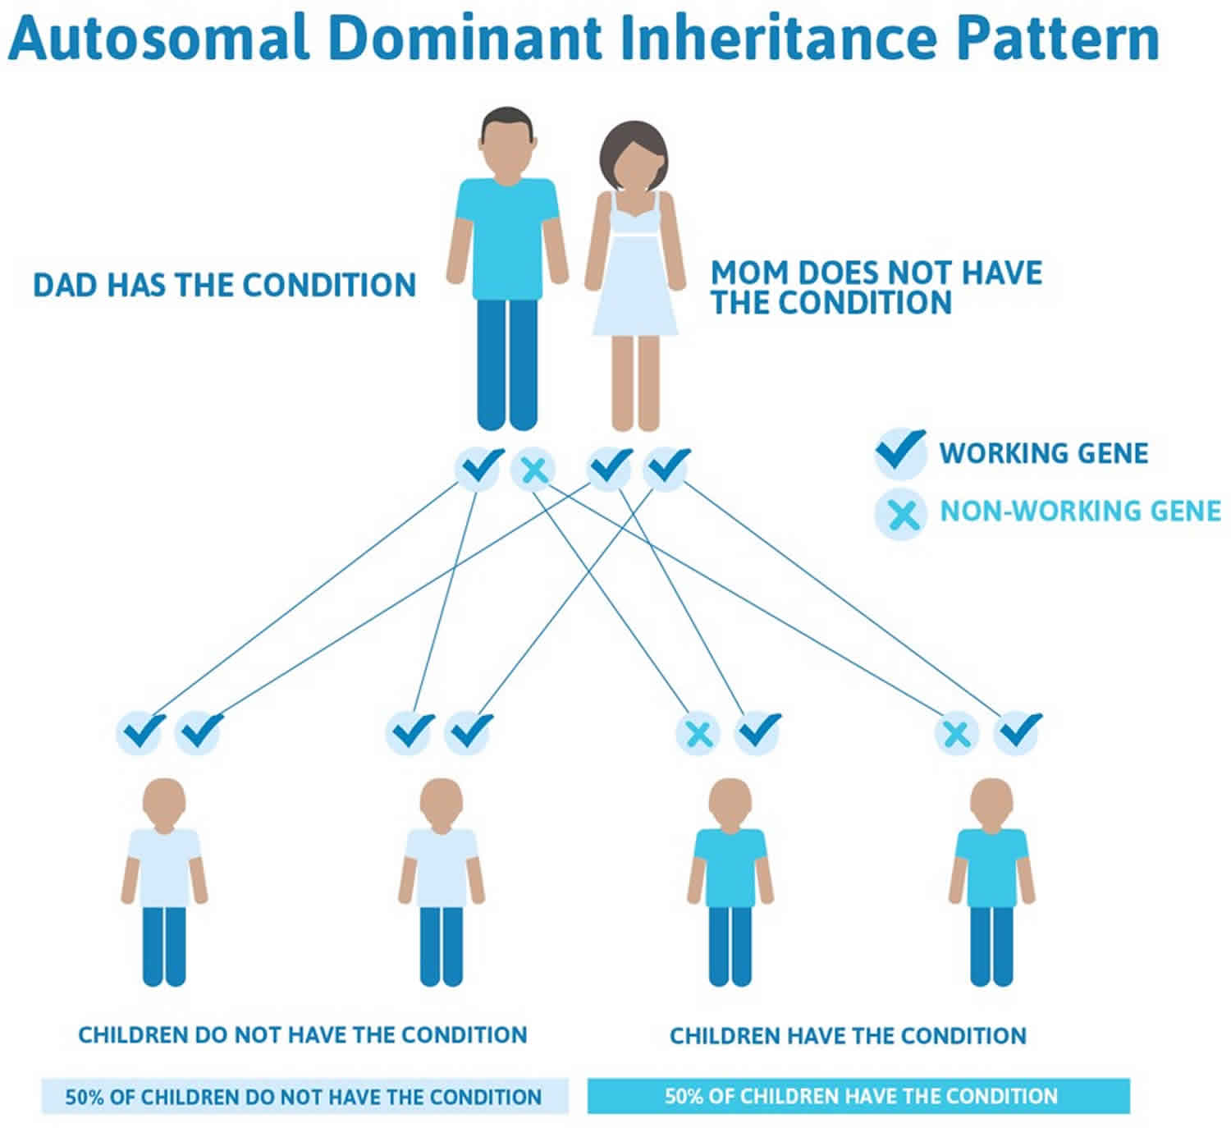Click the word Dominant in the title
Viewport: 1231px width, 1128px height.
[x=464, y=38]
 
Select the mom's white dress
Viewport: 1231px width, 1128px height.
[x=635, y=264]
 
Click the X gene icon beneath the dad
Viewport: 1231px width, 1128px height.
[x=533, y=470]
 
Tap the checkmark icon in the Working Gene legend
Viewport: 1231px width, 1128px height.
[x=900, y=452]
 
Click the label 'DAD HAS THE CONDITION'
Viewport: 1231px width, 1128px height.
[x=225, y=286]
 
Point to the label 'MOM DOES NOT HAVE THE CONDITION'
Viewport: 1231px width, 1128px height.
[x=876, y=287]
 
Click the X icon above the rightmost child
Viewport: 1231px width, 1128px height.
[x=957, y=733]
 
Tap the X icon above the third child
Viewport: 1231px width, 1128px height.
[x=698, y=733]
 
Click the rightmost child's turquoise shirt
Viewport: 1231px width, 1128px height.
[x=991, y=867]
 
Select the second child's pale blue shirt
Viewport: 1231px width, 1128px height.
[x=442, y=867]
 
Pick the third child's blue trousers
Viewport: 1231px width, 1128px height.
[x=730, y=947]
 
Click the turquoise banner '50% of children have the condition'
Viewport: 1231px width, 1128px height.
[x=858, y=1096]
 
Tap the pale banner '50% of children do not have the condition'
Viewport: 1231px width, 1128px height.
[x=304, y=1096]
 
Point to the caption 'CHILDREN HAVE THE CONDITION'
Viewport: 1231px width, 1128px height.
[x=848, y=1036]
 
